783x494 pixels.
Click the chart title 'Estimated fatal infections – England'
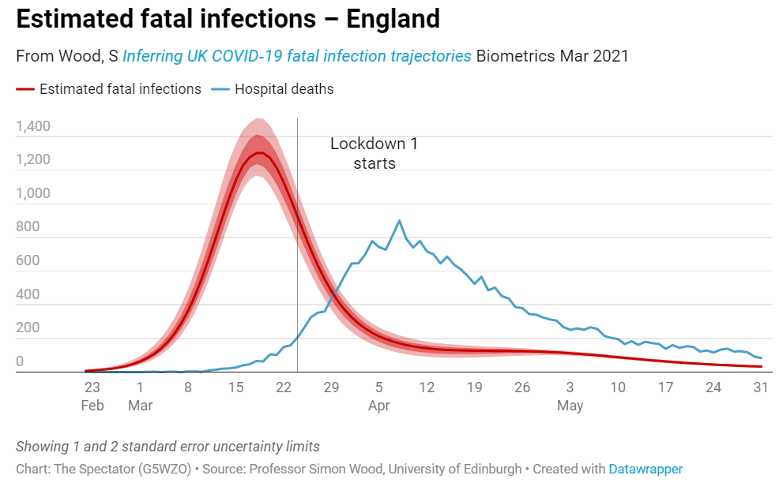pyautogui.click(x=228, y=18)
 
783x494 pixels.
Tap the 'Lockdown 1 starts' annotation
pyautogui.click(x=374, y=154)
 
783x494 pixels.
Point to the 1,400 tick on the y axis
pyautogui.click(x=32, y=126)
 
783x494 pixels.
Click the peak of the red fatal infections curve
pyautogui.click(x=258, y=153)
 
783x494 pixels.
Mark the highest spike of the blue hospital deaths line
pyautogui.click(x=399, y=220)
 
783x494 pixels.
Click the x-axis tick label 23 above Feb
pyautogui.click(x=92, y=387)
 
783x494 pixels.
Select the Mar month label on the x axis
pyautogui.click(x=140, y=406)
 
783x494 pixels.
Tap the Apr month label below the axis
pyautogui.click(x=379, y=406)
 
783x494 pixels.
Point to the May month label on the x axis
pyautogui.click(x=570, y=406)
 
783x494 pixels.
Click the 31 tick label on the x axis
pyautogui.click(x=761, y=387)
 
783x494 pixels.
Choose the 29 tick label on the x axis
pyautogui.click(x=331, y=387)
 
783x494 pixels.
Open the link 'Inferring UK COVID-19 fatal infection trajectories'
pyautogui.click(x=297, y=56)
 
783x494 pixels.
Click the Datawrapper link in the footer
pyautogui.click(x=645, y=469)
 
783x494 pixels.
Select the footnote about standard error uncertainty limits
pyautogui.click(x=168, y=446)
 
